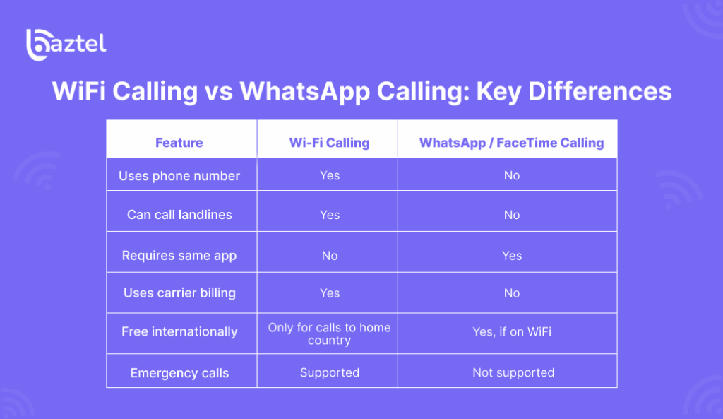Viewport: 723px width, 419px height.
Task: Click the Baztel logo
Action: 66,45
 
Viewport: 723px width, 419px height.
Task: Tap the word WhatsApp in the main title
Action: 304,92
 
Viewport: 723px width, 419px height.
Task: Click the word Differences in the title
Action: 599,91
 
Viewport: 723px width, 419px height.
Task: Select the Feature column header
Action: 179,143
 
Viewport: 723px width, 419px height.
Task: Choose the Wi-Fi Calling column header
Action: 329,143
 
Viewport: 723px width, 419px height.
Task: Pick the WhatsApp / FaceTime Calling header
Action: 511,143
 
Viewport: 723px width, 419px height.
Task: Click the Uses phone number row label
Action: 179,176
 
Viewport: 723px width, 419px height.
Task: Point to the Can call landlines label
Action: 179,215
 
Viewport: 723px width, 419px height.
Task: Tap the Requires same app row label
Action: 179,256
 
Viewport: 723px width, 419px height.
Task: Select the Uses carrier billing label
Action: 179,293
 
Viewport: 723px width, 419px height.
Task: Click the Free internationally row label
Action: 179,331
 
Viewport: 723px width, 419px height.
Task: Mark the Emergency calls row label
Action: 179,373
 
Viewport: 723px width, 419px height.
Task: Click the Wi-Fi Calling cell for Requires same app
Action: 330,256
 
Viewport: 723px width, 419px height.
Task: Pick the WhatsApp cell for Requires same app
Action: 512,256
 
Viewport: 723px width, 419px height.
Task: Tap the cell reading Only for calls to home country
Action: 329,334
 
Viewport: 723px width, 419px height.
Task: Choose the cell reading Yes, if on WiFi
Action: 512,332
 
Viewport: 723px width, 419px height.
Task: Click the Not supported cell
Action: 513,372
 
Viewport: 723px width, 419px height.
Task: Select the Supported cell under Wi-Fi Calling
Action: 329,373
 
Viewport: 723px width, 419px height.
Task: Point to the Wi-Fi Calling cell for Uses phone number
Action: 330,175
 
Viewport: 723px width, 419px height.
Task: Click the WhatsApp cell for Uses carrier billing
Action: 512,293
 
